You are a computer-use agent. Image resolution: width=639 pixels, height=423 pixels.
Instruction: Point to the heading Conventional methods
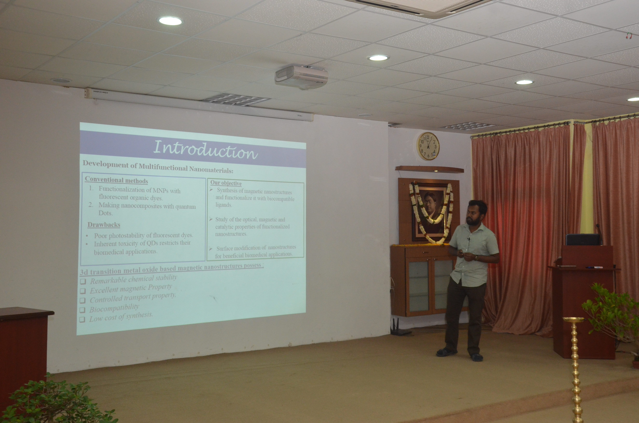click(116, 180)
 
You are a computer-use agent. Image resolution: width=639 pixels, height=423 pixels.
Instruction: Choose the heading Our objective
click(226, 183)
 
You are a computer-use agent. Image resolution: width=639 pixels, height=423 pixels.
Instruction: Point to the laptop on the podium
click(583, 239)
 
